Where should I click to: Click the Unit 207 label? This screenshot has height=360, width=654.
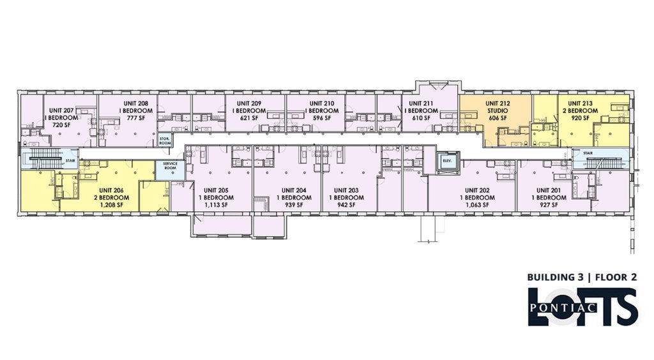click(x=61, y=110)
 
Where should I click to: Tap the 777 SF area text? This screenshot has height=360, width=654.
click(x=136, y=118)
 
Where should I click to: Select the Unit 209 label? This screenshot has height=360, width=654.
click(x=249, y=103)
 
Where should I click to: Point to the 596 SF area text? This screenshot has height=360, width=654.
click(x=322, y=118)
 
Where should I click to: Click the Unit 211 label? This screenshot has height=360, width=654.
click(x=421, y=103)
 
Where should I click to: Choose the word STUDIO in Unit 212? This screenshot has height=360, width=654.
click(x=498, y=111)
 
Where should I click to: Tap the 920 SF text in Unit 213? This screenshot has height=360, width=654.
click(x=580, y=118)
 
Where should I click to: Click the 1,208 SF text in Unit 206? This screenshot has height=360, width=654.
click(x=111, y=205)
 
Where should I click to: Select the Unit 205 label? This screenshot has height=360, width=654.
click(x=216, y=190)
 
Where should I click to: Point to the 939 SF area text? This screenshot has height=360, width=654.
click(x=294, y=205)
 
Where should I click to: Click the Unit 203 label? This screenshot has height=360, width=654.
click(x=346, y=190)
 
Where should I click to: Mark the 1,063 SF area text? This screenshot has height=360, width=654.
click(x=477, y=205)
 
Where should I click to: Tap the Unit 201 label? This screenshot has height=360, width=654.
click(x=549, y=190)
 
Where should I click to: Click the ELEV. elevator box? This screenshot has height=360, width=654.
click(x=448, y=161)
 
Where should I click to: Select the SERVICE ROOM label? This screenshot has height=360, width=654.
click(x=170, y=165)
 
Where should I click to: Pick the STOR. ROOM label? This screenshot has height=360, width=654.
click(x=165, y=141)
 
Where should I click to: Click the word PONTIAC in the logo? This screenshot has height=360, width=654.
click(x=563, y=308)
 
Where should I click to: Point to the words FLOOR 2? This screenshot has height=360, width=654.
click(x=616, y=277)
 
